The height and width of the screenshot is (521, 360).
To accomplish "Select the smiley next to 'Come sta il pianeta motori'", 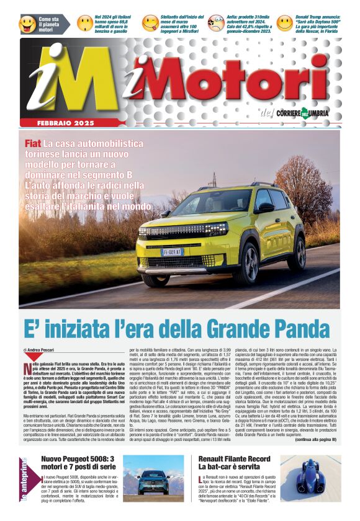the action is click(27, 24).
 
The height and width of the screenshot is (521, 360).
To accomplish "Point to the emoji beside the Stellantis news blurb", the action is click(150, 24).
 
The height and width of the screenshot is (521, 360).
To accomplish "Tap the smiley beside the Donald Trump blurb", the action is click(284, 24).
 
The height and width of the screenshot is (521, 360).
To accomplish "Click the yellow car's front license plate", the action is click(172, 252).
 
